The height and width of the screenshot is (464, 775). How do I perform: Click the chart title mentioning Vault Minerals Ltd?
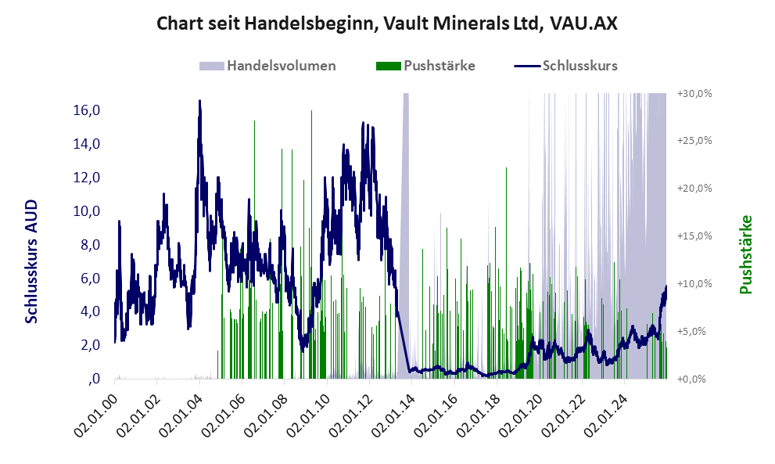[x=387, y=23]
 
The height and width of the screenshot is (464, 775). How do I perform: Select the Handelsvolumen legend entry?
[x=281, y=66]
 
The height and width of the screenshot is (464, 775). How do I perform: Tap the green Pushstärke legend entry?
[x=439, y=66]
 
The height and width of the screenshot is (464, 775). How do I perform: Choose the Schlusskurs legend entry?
[x=579, y=66]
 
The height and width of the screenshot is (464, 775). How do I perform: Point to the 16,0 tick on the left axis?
[x=87, y=110]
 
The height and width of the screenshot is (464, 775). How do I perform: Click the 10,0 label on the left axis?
[x=87, y=211]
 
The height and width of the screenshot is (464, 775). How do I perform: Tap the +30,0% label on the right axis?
[x=694, y=93]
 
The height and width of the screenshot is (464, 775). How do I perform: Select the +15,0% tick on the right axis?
[x=694, y=236]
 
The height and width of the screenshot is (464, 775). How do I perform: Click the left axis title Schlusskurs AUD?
[x=32, y=261]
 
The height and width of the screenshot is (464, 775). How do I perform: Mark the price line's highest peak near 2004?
[x=199, y=101]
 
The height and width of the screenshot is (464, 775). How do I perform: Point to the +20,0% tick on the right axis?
[x=694, y=189]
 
